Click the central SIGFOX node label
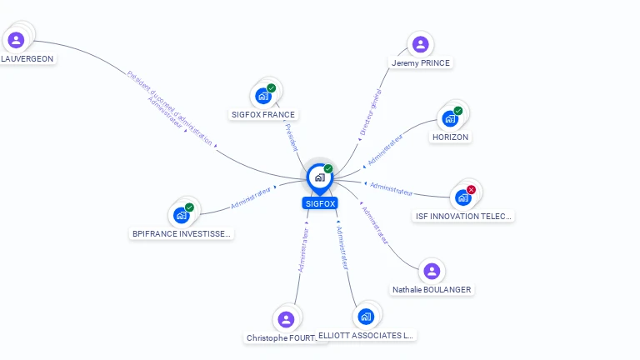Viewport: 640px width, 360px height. click(x=320, y=203)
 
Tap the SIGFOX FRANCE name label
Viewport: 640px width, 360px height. click(x=262, y=114)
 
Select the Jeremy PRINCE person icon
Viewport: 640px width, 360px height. click(x=420, y=44)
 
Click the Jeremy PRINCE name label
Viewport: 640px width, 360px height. click(x=421, y=62)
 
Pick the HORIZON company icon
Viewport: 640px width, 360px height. click(x=450, y=118)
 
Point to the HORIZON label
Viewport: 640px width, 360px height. click(x=450, y=137)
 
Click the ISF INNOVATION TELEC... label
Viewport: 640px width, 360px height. click(x=464, y=216)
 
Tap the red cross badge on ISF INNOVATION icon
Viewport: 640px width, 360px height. click(x=471, y=190)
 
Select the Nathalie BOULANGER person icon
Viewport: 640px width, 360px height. click(x=431, y=271)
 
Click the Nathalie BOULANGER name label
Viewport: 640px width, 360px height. click(x=432, y=290)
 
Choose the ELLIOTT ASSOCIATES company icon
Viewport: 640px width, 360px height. click(x=365, y=317)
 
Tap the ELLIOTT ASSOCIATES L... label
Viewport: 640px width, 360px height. click(x=366, y=335)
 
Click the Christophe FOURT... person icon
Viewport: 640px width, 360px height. click(x=286, y=319)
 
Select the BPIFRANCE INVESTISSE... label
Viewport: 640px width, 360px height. click(x=182, y=234)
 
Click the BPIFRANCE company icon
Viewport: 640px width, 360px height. click(x=181, y=215)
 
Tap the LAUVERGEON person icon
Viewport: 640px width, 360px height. click(x=15, y=40)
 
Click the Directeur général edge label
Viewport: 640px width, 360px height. click(x=369, y=114)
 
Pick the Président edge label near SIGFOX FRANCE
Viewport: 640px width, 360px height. click(x=289, y=137)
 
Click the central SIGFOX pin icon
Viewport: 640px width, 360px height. click(x=319, y=177)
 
